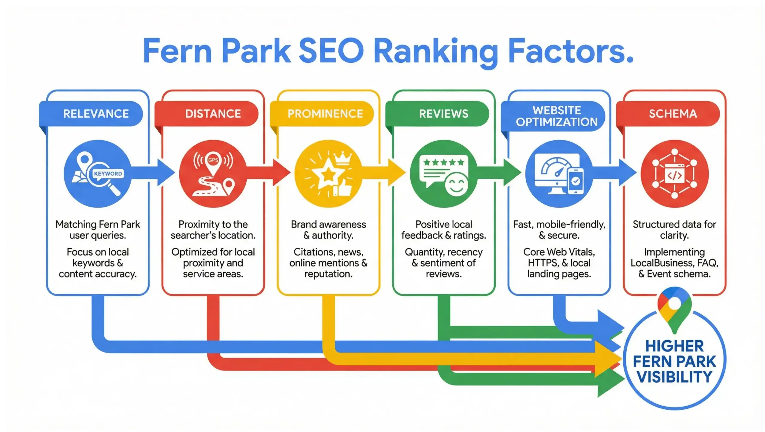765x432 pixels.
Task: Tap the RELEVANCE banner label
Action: [96, 114]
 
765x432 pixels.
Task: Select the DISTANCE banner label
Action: [213, 114]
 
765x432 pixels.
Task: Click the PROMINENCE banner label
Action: [325, 114]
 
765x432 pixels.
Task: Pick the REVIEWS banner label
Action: [443, 114]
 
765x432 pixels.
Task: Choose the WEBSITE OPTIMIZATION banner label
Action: [556, 116]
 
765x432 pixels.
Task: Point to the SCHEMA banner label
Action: [673, 114]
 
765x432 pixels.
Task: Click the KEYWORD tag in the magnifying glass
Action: [108, 174]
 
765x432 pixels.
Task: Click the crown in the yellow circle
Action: [344, 158]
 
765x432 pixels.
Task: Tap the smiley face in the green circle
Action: [456, 185]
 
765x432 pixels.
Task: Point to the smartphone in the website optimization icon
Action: [576, 181]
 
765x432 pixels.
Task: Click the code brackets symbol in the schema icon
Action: [674, 176]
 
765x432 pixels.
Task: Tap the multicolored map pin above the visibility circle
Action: [674, 308]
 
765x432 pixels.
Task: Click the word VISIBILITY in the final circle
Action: [674, 377]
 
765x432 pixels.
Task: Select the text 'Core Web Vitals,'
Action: [559, 252]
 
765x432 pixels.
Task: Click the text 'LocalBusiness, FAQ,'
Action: [674, 263]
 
